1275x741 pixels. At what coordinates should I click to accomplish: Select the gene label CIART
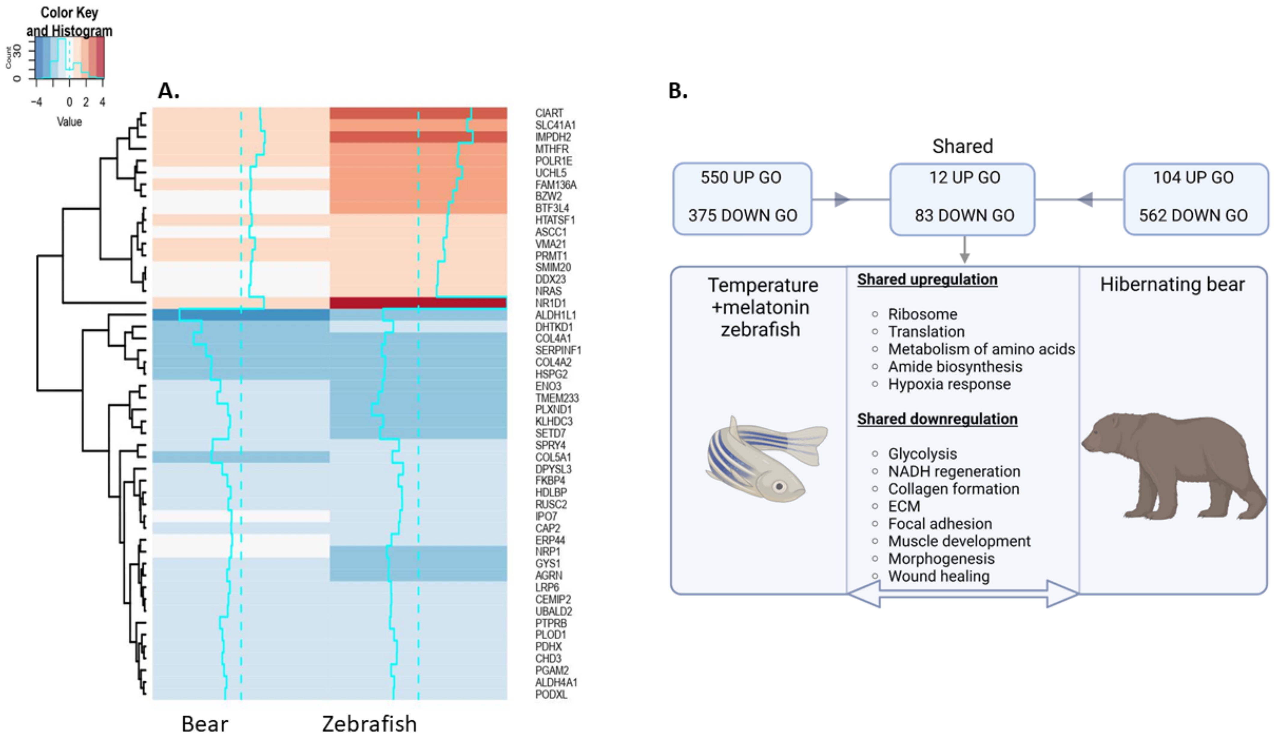pyautogui.click(x=549, y=113)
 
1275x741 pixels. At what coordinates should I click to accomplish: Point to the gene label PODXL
pyautogui.click(x=551, y=694)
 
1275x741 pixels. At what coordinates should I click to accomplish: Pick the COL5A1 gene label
pyautogui.click(x=553, y=457)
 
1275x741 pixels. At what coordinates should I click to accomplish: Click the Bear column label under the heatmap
pyautogui.click(x=204, y=724)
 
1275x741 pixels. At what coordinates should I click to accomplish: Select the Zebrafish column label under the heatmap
pyautogui.click(x=369, y=724)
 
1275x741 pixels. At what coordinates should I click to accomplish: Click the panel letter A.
pyautogui.click(x=169, y=91)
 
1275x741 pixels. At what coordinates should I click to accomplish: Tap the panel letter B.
pyautogui.click(x=677, y=91)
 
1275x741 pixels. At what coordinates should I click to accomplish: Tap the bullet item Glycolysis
pyautogui.click(x=922, y=454)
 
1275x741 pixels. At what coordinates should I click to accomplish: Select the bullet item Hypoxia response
pyautogui.click(x=949, y=384)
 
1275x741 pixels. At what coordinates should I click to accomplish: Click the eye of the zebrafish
pyautogui.click(x=779, y=487)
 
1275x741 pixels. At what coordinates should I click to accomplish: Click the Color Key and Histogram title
pyautogui.click(x=69, y=21)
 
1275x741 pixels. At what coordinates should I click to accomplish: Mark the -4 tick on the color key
pyautogui.click(x=36, y=102)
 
